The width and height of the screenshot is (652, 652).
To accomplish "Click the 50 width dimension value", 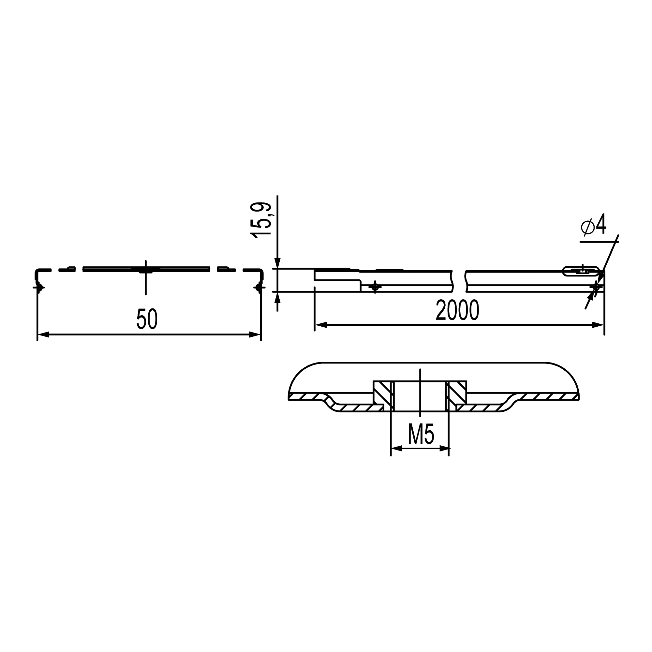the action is (147, 319).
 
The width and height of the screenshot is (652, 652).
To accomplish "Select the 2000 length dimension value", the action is (457, 310).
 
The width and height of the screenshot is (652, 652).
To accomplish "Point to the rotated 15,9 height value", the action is (261, 220).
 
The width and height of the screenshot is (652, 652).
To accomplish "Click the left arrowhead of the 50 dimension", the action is (43, 335).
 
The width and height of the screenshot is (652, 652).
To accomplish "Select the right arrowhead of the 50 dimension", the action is (255, 335).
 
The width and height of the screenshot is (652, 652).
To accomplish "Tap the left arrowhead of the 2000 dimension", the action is (320, 325).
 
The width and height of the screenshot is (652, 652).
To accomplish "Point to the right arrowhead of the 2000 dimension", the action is (598, 325).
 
